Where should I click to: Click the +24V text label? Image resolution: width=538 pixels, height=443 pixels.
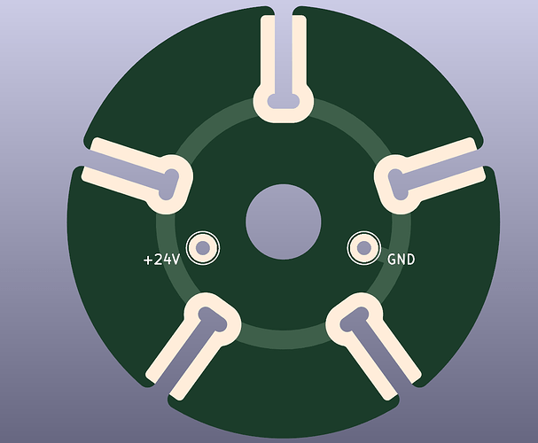pyautogui.click(x=161, y=260)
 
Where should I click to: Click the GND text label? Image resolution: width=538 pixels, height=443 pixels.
pyautogui.click(x=401, y=260)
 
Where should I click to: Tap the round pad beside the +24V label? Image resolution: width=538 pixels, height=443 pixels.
pyautogui.click(x=203, y=247)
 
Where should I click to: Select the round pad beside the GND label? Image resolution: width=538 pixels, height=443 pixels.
pyautogui.click(x=363, y=248)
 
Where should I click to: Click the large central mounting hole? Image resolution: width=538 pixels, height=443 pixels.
pyautogui.click(x=283, y=221)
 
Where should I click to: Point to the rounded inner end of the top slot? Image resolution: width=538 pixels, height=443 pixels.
pyautogui.click(x=284, y=99)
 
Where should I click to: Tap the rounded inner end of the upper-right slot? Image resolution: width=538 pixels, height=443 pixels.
pyautogui.click(x=398, y=182)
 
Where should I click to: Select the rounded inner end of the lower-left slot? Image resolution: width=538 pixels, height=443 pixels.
pyautogui.click(x=211, y=319)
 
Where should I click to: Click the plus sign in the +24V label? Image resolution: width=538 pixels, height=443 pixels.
pyautogui.click(x=148, y=260)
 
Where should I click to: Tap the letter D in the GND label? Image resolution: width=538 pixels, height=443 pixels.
pyautogui.click(x=410, y=260)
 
